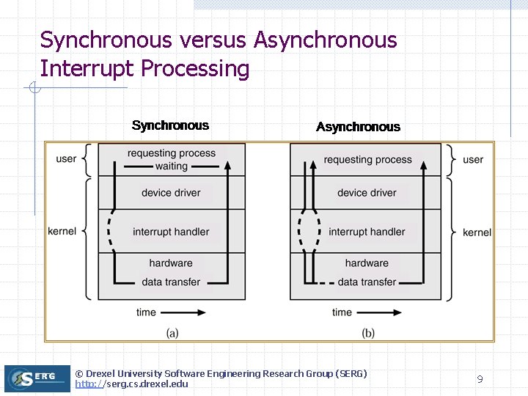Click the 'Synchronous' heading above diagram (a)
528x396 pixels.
(x=170, y=125)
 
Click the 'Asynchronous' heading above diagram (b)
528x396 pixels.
(x=358, y=127)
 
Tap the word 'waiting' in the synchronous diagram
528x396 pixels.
(x=171, y=166)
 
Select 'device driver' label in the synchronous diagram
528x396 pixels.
(x=171, y=193)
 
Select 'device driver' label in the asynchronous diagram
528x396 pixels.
(x=367, y=193)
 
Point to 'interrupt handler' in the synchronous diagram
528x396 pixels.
(x=171, y=232)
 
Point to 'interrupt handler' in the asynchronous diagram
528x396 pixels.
(x=367, y=232)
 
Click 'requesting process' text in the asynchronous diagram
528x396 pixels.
(x=367, y=159)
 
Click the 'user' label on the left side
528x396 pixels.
(x=66, y=158)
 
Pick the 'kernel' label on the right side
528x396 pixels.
(x=477, y=232)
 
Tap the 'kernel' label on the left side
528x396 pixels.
(x=62, y=231)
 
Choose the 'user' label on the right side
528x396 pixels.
(x=473, y=159)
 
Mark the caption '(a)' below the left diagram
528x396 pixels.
(x=172, y=333)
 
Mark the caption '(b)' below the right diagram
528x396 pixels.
(x=368, y=333)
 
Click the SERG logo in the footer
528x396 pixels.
(x=37, y=378)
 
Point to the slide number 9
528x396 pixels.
(x=480, y=379)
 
